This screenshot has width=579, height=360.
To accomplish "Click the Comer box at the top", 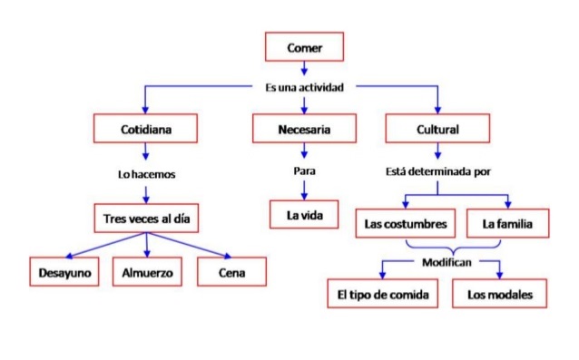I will click(x=304, y=46).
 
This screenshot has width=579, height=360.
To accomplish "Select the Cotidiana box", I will click(x=146, y=130).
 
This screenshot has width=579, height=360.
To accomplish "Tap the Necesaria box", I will click(x=304, y=130).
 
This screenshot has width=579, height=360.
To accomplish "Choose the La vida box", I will click(x=304, y=216).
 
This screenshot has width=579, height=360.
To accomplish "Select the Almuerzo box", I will click(x=146, y=271).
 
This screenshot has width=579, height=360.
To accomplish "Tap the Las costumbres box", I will click(x=405, y=222).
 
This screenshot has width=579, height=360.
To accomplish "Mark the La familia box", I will click(x=507, y=222).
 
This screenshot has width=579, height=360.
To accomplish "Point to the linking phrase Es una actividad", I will click(x=304, y=87).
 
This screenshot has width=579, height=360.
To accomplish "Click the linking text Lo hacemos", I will click(x=146, y=173).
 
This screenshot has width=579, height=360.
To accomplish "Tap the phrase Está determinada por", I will click(x=438, y=171).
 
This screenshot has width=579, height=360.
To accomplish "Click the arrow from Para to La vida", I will click(x=304, y=190).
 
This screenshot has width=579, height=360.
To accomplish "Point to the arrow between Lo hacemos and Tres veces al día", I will click(x=146, y=192).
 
